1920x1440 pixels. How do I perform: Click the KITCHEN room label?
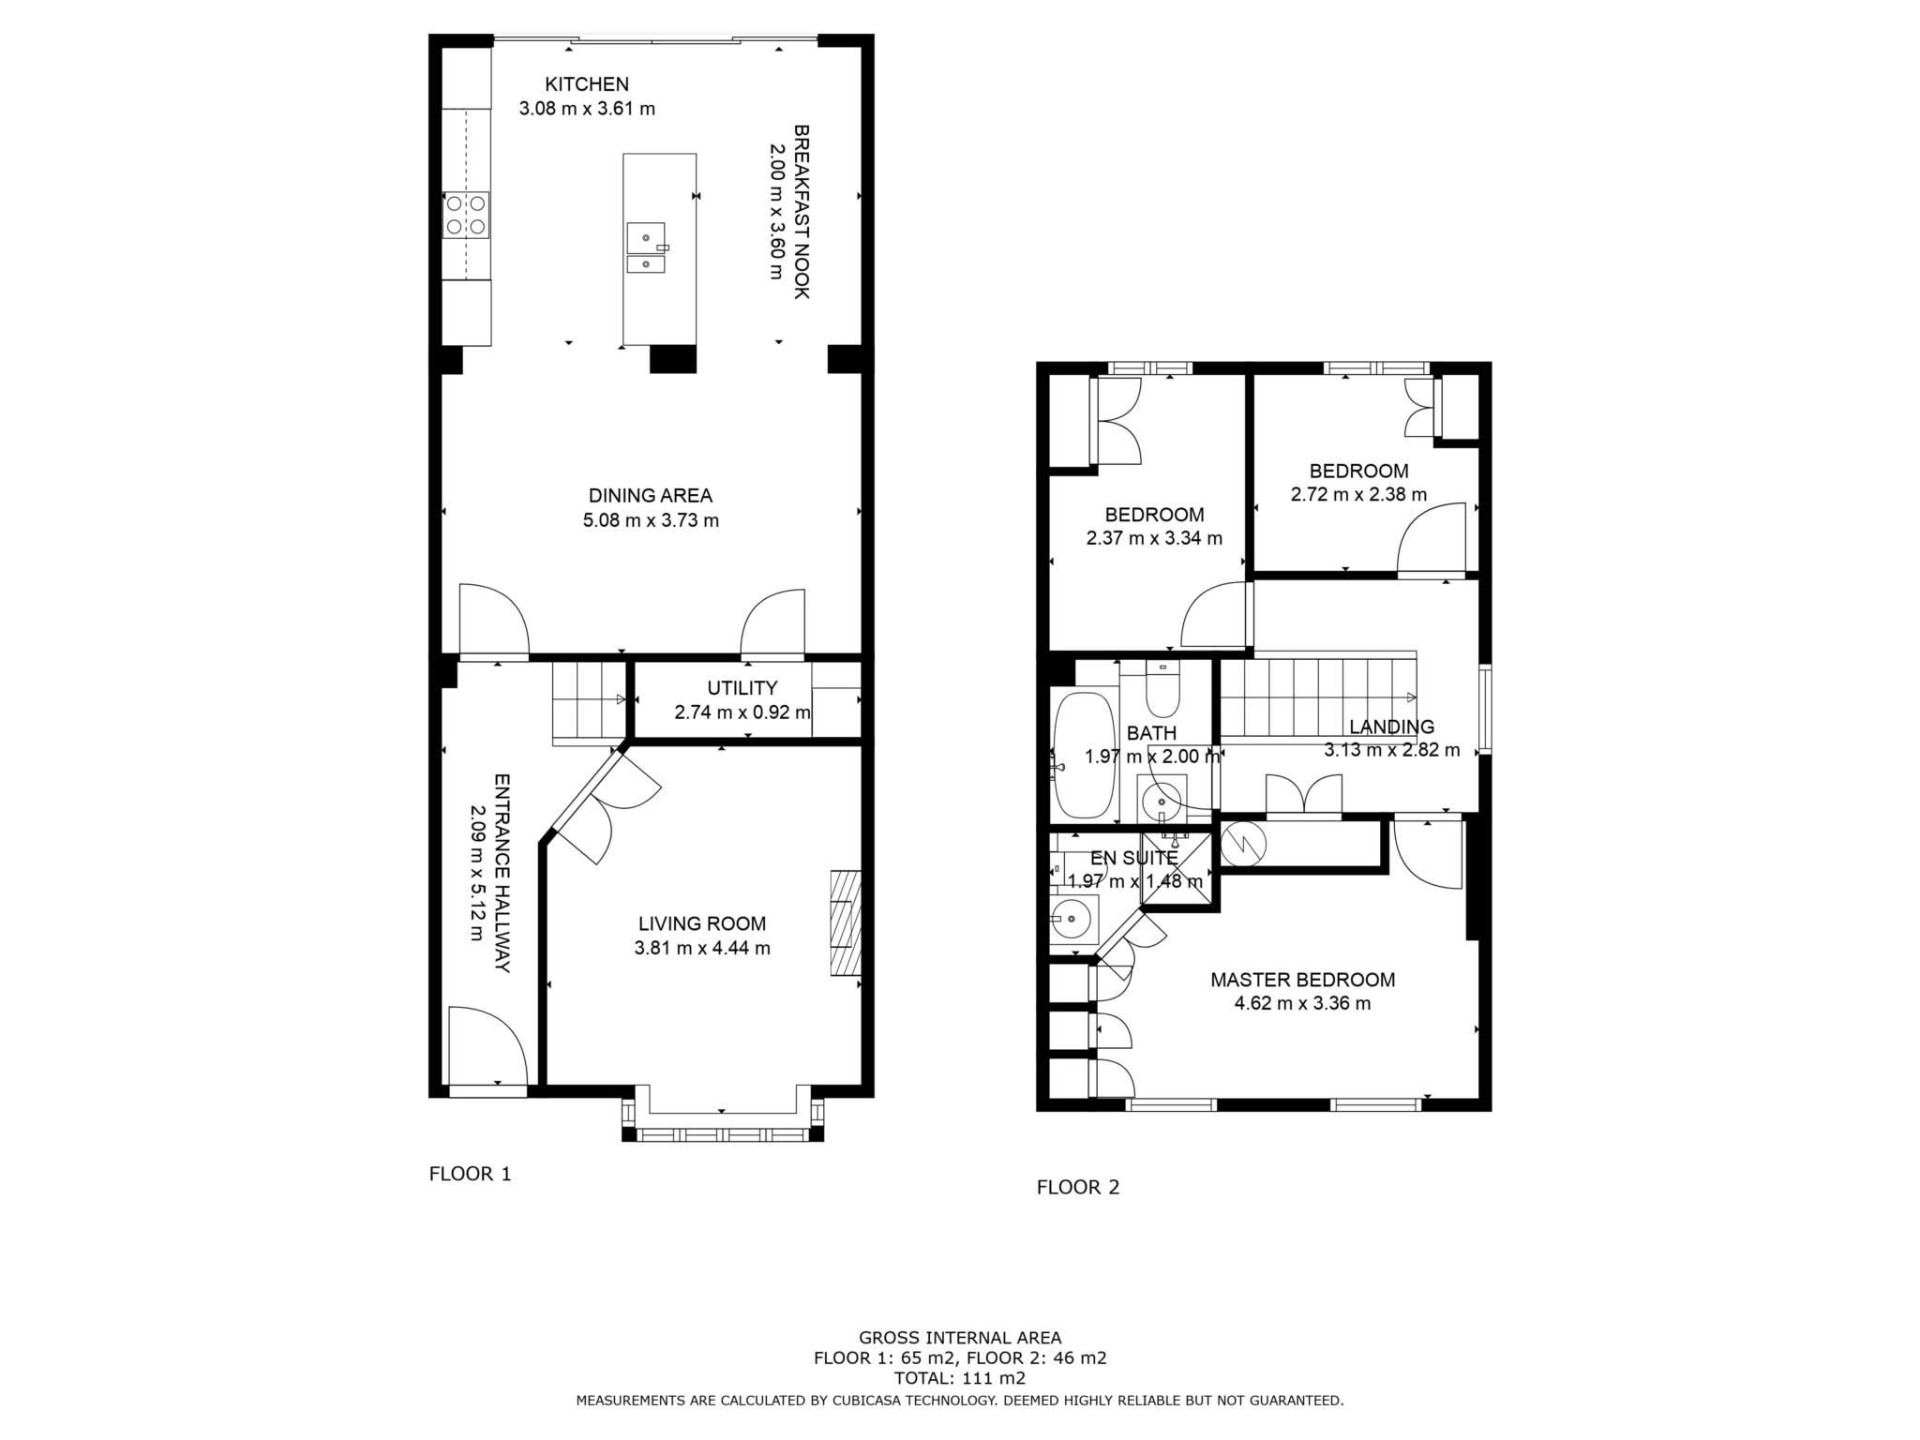pyautogui.click(x=587, y=84)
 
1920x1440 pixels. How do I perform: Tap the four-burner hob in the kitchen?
pyautogui.click(x=466, y=215)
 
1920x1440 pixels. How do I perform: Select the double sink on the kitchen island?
pyautogui.click(x=646, y=248)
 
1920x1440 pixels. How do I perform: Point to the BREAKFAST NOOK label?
pyautogui.click(x=801, y=212)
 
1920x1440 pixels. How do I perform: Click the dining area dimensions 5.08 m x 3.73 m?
pyautogui.click(x=651, y=520)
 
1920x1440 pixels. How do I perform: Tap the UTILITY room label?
pyautogui.click(x=742, y=688)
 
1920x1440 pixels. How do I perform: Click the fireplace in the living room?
pyautogui.click(x=845, y=924)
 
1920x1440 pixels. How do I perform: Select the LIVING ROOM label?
pyautogui.click(x=702, y=923)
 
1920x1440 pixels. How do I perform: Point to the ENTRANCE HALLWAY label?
pyautogui.click(x=502, y=873)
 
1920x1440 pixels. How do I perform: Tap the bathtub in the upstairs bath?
pyautogui.click(x=1086, y=756)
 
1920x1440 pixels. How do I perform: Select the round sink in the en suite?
pyautogui.click(x=1073, y=919)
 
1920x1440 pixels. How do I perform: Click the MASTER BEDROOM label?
pyautogui.click(x=1303, y=980)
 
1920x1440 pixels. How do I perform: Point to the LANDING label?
pyautogui.click(x=1392, y=727)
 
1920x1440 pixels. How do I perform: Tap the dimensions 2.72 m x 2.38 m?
pyautogui.click(x=1359, y=494)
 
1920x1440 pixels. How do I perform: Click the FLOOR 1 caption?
pyautogui.click(x=471, y=1174)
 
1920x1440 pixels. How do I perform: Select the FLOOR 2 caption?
pyautogui.click(x=1078, y=1187)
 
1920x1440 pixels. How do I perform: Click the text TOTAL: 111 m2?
pyautogui.click(x=960, y=1378)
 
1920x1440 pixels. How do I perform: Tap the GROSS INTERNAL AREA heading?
pyautogui.click(x=960, y=1338)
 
